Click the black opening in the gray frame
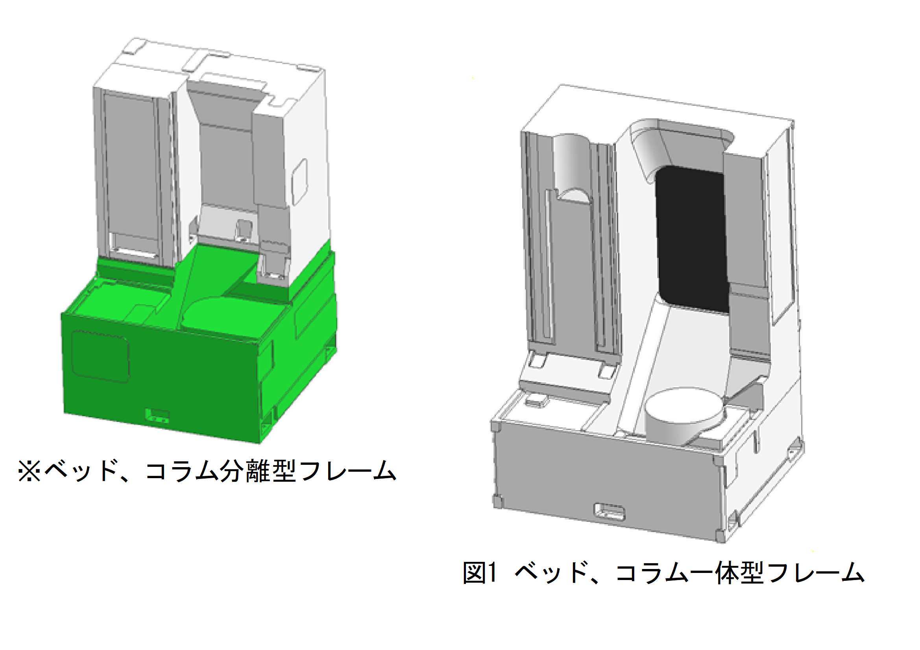click(x=691, y=240)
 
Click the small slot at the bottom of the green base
click(x=157, y=415)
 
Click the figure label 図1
click(x=480, y=573)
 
